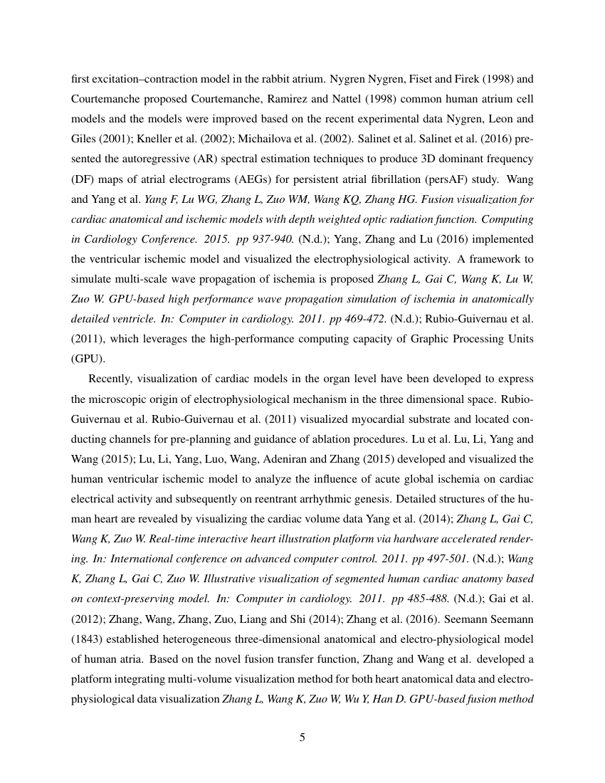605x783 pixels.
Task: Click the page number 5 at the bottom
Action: pyautogui.click(x=302, y=737)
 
